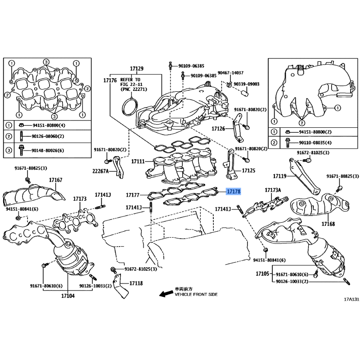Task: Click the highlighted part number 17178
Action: click(234, 191)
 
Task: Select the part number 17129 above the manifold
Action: click(137, 68)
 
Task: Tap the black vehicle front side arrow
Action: click(166, 294)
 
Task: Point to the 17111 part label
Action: click(138, 162)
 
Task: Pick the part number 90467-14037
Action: click(230, 72)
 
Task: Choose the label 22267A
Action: click(100, 171)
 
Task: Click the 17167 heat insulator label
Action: click(55, 180)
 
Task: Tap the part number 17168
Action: click(328, 224)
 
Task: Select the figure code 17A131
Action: click(351, 299)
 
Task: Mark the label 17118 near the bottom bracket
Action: click(136, 283)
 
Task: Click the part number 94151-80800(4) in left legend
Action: click(49, 126)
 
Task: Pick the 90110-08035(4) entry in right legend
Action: click(315, 143)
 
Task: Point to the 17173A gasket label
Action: click(273, 190)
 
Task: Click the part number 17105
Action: click(262, 274)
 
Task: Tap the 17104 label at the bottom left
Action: click(68, 296)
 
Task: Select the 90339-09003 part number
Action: click(246, 84)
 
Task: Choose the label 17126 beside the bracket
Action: click(218, 129)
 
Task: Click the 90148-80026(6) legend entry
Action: click(48, 150)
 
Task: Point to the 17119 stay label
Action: click(279, 176)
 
